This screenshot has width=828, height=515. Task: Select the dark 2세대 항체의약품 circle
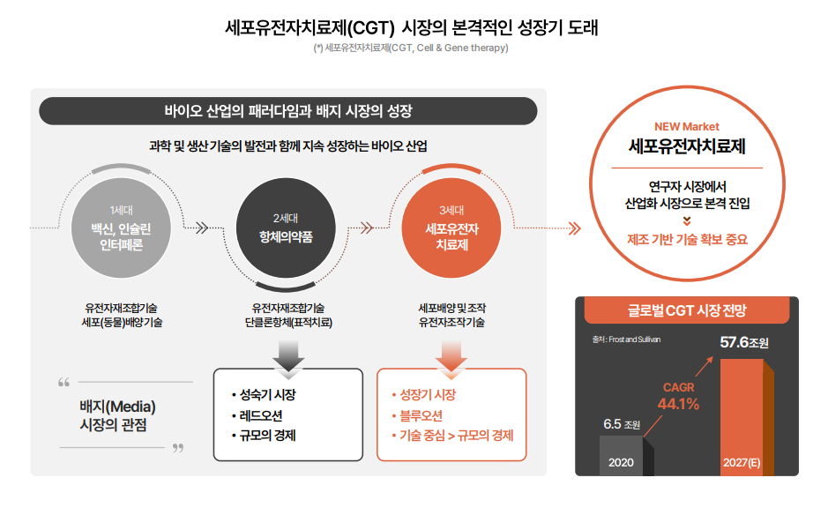click(285, 228)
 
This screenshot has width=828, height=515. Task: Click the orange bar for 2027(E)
click(741, 414)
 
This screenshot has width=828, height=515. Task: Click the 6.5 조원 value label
click(622, 424)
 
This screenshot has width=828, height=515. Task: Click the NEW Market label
click(687, 126)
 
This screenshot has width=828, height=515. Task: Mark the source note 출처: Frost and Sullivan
click(626, 338)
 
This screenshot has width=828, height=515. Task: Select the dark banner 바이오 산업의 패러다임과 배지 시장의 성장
click(288, 111)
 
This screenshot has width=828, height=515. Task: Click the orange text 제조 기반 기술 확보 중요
click(687, 238)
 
